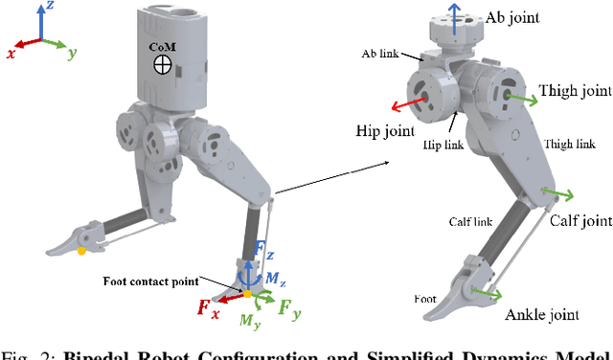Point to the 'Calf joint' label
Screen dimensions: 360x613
coord(580,221)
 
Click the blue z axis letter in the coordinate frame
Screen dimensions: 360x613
coord(50,7)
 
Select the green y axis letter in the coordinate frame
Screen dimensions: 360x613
coord(72,54)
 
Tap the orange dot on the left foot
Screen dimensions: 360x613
coord(81,251)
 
